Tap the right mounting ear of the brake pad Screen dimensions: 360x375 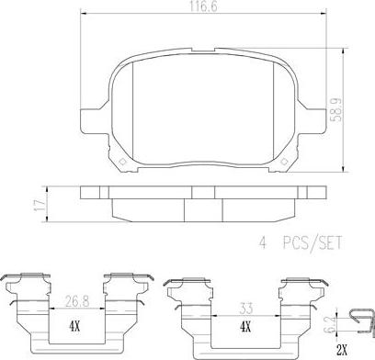332,120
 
